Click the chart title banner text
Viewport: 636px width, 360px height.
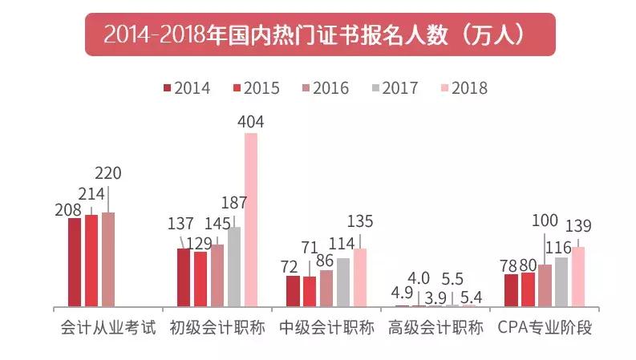pos(318,34)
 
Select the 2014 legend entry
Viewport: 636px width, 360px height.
pos(187,88)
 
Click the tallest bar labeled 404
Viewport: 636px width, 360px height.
pos(251,220)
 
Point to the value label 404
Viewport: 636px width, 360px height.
pos(251,122)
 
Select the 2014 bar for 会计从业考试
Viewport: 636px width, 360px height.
pos(75,262)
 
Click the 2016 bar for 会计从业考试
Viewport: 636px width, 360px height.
pos(108,259)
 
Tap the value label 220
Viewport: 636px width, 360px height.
pos(109,173)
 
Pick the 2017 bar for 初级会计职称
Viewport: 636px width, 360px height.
pos(234,266)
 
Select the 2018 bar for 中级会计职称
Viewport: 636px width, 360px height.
pos(360,277)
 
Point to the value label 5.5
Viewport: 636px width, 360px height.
pos(453,280)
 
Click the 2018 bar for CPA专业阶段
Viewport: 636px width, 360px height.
pos(578,277)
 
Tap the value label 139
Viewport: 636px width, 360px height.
pos(578,226)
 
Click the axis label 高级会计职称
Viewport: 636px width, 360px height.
pos(435,328)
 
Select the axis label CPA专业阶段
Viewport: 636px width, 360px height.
pos(545,328)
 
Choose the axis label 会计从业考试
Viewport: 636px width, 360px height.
pos(108,328)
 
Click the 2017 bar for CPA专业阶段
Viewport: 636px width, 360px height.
pos(561,281)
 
